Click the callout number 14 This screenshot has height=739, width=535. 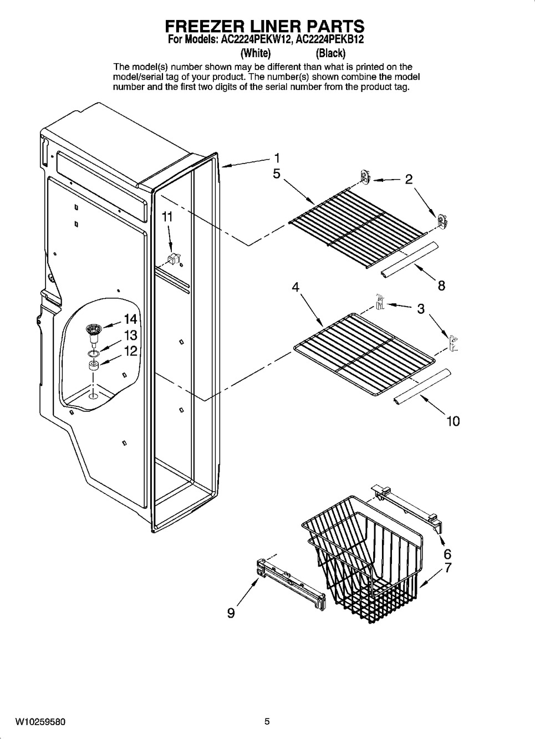(x=131, y=319)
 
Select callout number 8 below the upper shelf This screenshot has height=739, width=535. (x=441, y=285)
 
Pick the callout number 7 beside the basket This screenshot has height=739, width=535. (x=447, y=568)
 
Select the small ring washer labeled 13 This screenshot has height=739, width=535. (x=94, y=354)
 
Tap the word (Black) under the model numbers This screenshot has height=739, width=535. (x=330, y=53)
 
